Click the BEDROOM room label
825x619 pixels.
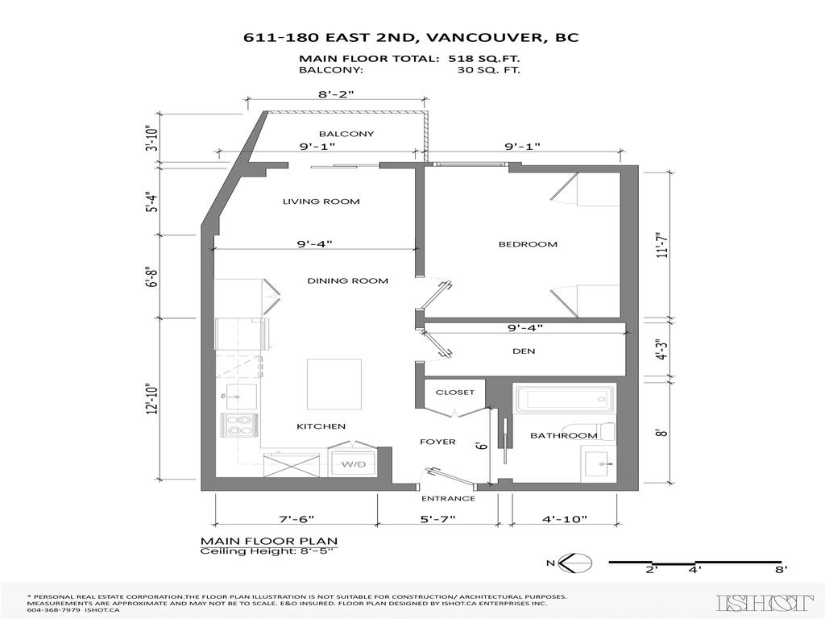(528, 244)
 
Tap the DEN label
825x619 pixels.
(524, 351)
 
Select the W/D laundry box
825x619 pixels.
(353, 465)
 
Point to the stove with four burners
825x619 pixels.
(238, 424)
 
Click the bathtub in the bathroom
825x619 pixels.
(564, 400)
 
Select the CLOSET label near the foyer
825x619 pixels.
(455, 393)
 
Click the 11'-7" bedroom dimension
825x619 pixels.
(662, 244)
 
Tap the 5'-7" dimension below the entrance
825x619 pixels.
(437, 520)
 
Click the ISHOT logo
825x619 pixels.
(765, 602)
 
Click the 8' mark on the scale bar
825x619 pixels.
(780, 570)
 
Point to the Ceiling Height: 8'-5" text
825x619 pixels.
(266, 551)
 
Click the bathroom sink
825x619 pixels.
(598, 463)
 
